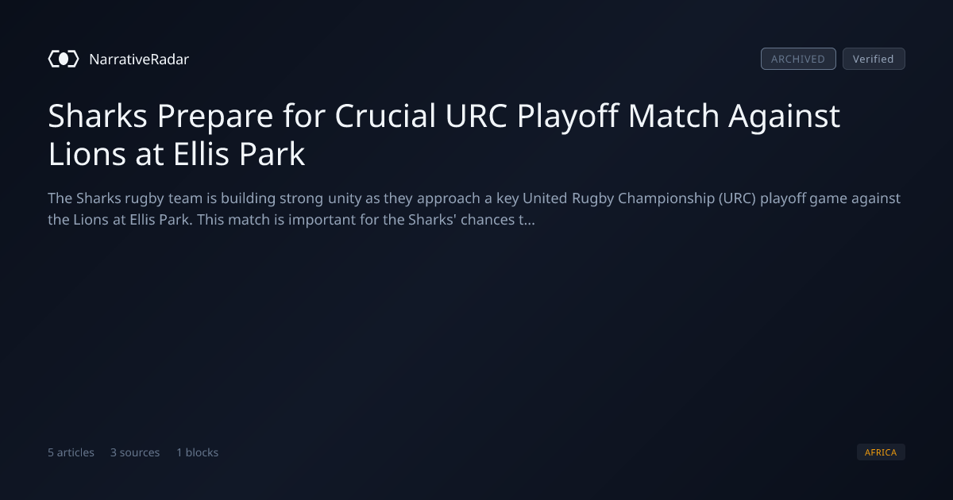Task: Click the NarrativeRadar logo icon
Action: pyautogui.click(x=64, y=59)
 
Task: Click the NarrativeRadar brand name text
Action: pyautogui.click(x=139, y=60)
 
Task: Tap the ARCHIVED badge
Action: pyautogui.click(x=798, y=59)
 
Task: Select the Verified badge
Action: pyautogui.click(x=874, y=59)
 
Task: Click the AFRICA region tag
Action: pyautogui.click(x=881, y=452)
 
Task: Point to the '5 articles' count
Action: pyautogui.click(x=71, y=452)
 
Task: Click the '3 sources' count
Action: pyautogui.click(x=135, y=452)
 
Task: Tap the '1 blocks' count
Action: pyautogui.click(x=198, y=452)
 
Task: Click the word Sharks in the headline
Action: pyautogui.click(x=98, y=116)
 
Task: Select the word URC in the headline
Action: pyautogui.click(x=476, y=116)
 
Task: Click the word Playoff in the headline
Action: pyautogui.click(x=568, y=117)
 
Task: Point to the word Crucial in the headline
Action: pyautogui.click(x=385, y=116)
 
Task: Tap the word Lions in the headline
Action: pyautogui.click(x=87, y=154)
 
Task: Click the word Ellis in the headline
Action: pyautogui.click(x=201, y=154)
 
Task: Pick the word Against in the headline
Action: pyautogui.click(x=784, y=117)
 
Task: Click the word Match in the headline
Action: pyautogui.click(x=673, y=116)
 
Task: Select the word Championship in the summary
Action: pyautogui.click(x=666, y=198)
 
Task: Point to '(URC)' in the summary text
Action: pyautogui.click(x=737, y=198)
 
